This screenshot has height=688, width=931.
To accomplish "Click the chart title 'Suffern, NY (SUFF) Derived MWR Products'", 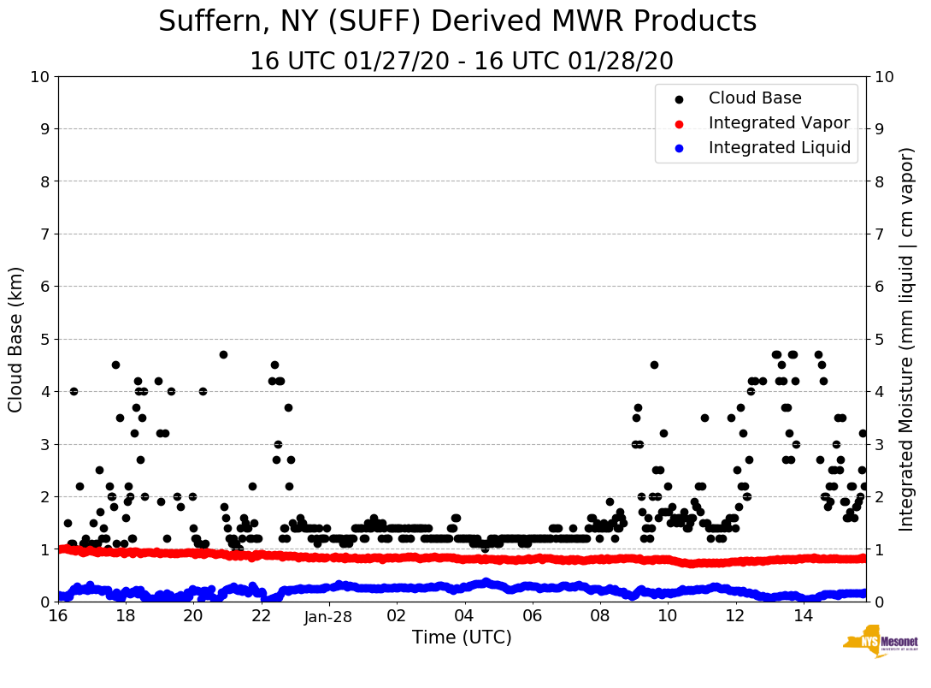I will click(x=457, y=21).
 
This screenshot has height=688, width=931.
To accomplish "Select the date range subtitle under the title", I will click(x=462, y=61).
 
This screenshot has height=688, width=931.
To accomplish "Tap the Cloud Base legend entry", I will click(x=755, y=98).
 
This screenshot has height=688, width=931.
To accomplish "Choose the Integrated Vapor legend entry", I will click(x=779, y=123).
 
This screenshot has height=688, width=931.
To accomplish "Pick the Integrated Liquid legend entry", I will click(x=780, y=148).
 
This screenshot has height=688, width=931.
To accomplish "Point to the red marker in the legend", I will click(x=680, y=123).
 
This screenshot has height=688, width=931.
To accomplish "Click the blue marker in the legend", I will click(x=680, y=148).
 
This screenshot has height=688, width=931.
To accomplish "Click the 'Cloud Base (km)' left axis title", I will click(x=16, y=339).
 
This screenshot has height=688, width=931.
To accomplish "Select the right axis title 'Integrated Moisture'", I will click(x=907, y=339).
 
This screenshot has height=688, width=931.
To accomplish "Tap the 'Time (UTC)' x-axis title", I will click(x=462, y=638).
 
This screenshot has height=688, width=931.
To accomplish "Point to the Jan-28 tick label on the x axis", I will click(x=328, y=616).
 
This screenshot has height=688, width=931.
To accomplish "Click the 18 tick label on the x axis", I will click(x=125, y=616).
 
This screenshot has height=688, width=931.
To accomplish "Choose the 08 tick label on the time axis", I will click(x=599, y=616).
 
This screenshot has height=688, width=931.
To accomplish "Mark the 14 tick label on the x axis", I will click(x=803, y=616).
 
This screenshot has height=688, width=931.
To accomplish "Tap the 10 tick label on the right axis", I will click(x=883, y=77).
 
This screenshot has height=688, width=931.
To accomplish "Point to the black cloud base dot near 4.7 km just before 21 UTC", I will click(x=223, y=354).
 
